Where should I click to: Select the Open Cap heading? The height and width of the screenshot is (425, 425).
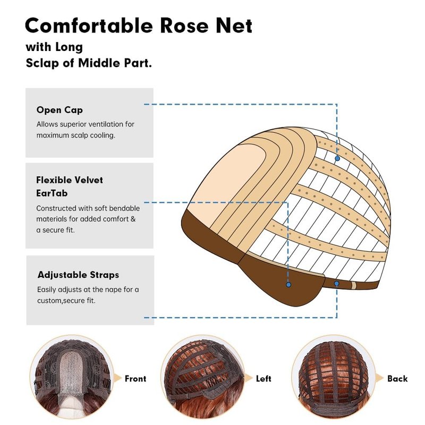click(59, 110)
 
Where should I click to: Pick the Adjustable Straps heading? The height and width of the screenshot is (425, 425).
click(78, 275)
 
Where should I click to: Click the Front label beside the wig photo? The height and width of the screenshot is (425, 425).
click(135, 379)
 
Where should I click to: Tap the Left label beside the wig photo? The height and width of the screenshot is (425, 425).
click(263, 379)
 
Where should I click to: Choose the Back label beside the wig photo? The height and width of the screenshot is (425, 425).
click(397, 379)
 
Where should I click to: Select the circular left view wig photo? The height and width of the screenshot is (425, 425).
click(202, 379)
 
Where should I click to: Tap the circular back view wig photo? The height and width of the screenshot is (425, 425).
click(334, 379)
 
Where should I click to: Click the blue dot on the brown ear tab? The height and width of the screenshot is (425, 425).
click(288, 285)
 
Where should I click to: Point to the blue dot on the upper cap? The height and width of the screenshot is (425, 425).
click(337, 158)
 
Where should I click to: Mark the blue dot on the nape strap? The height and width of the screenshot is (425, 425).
click(337, 284)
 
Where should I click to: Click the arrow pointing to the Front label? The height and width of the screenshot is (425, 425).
click(117, 378)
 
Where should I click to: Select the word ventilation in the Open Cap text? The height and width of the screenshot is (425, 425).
click(100, 124)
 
